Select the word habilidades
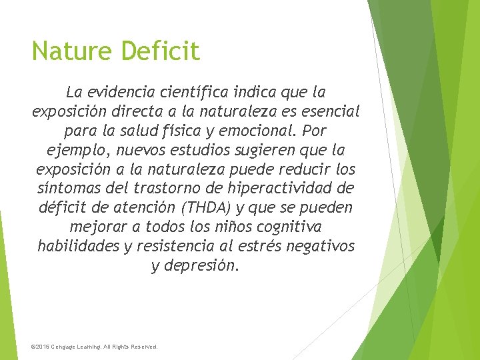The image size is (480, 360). tap(79, 246)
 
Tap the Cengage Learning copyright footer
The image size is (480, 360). tap(95, 347)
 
